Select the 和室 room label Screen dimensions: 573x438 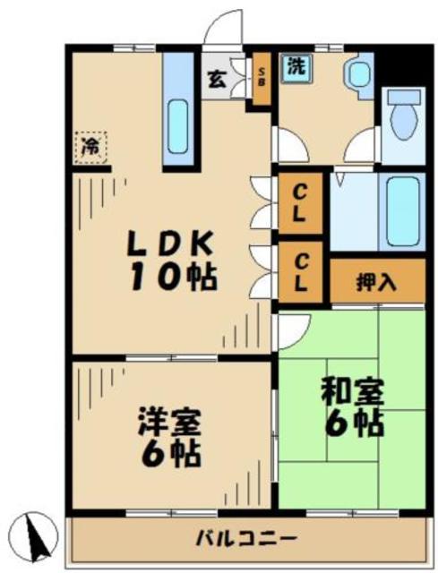click(353, 391)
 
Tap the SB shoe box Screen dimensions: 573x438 click(262, 76)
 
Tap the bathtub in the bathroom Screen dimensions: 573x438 click(400, 213)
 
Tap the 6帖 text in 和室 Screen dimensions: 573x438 click(354, 423)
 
